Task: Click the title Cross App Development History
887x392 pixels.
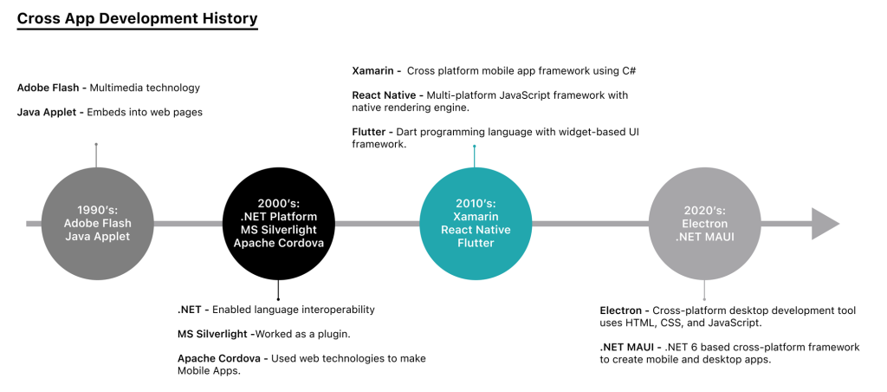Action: [137, 18]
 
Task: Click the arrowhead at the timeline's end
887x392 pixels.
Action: [824, 224]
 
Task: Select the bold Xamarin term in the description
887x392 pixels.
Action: [373, 71]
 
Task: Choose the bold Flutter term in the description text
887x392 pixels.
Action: [368, 132]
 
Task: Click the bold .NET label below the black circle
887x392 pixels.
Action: [189, 310]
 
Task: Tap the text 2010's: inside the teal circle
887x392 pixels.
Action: [475, 203]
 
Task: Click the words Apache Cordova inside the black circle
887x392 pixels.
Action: [277, 243]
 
